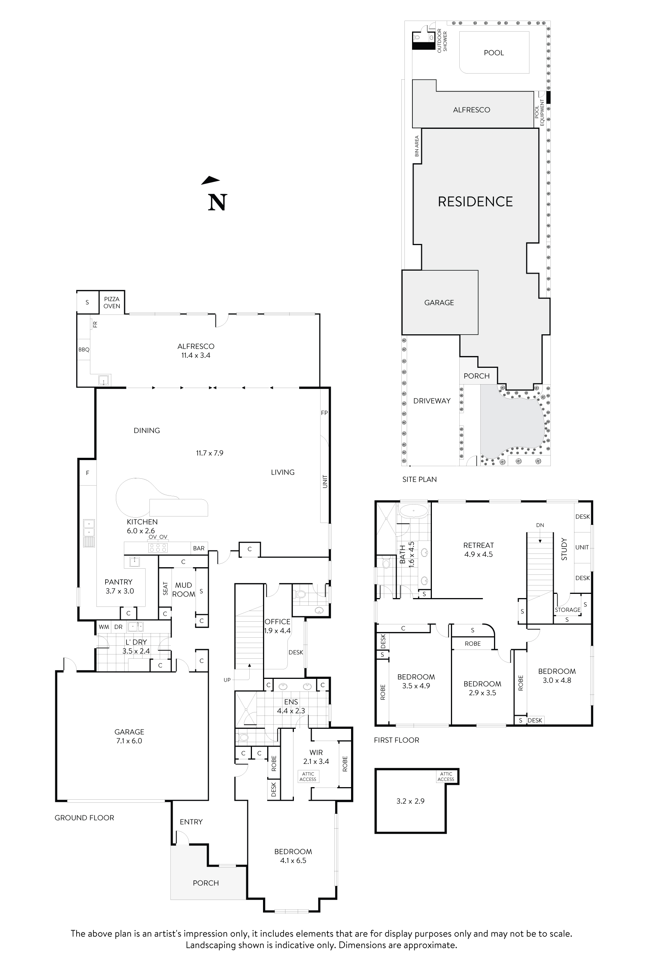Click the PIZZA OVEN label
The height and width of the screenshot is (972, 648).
112,303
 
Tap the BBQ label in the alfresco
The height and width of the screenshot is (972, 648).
84,350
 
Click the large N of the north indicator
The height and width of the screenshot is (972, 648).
217,202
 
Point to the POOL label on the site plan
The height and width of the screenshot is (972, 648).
494,53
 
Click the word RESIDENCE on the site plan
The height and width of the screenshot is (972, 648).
475,202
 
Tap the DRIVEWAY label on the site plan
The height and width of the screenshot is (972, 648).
431,401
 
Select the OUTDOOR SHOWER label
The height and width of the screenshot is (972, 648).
442,40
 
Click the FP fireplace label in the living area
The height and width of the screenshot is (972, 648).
324,412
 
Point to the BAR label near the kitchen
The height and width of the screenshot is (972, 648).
199,549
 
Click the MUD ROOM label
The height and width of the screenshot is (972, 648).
183,590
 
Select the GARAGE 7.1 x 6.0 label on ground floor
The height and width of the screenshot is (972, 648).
129,736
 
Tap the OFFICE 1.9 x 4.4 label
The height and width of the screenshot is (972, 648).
277,626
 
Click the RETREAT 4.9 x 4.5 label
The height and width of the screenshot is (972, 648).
478,550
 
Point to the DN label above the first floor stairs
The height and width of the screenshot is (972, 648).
540,525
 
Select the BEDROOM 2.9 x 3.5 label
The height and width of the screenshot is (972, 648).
482,688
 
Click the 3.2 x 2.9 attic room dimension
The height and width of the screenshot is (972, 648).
410,801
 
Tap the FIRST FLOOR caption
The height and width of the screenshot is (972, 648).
396,740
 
